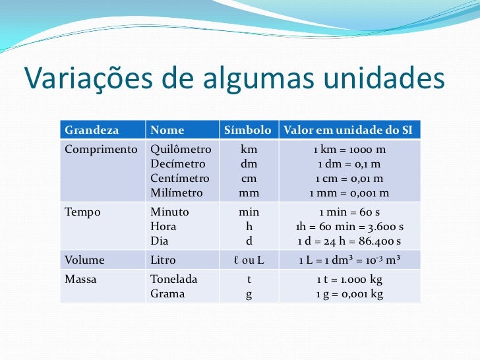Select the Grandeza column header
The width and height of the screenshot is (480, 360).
pyautogui.click(x=91, y=131)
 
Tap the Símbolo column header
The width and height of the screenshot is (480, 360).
pyautogui.click(x=248, y=131)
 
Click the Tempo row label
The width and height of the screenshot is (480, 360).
pyautogui.click(x=82, y=212)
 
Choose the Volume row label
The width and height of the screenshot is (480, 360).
pyautogui.click(x=84, y=260)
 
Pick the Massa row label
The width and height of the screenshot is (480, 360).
pyautogui.click(x=80, y=280)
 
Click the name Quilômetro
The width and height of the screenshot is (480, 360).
pyautogui.click(x=181, y=149)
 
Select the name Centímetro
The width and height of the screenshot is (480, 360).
pyautogui.click(x=180, y=179)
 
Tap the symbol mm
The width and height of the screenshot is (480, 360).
pyautogui.click(x=249, y=193)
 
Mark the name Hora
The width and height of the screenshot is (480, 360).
pyautogui.click(x=163, y=227)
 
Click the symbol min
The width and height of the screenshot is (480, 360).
pyautogui.click(x=249, y=212)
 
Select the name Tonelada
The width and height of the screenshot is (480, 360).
pyautogui.click(x=174, y=280)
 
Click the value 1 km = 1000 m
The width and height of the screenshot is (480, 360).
pyautogui.click(x=349, y=149)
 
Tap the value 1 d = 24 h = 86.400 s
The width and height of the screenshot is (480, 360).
pyautogui.click(x=349, y=241)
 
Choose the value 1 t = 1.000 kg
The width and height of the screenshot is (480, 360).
pyautogui.click(x=349, y=280)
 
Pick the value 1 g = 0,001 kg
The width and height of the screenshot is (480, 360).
pyautogui.click(x=349, y=294)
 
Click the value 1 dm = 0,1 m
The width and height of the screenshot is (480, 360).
pyautogui.click(x=349, y=164)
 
